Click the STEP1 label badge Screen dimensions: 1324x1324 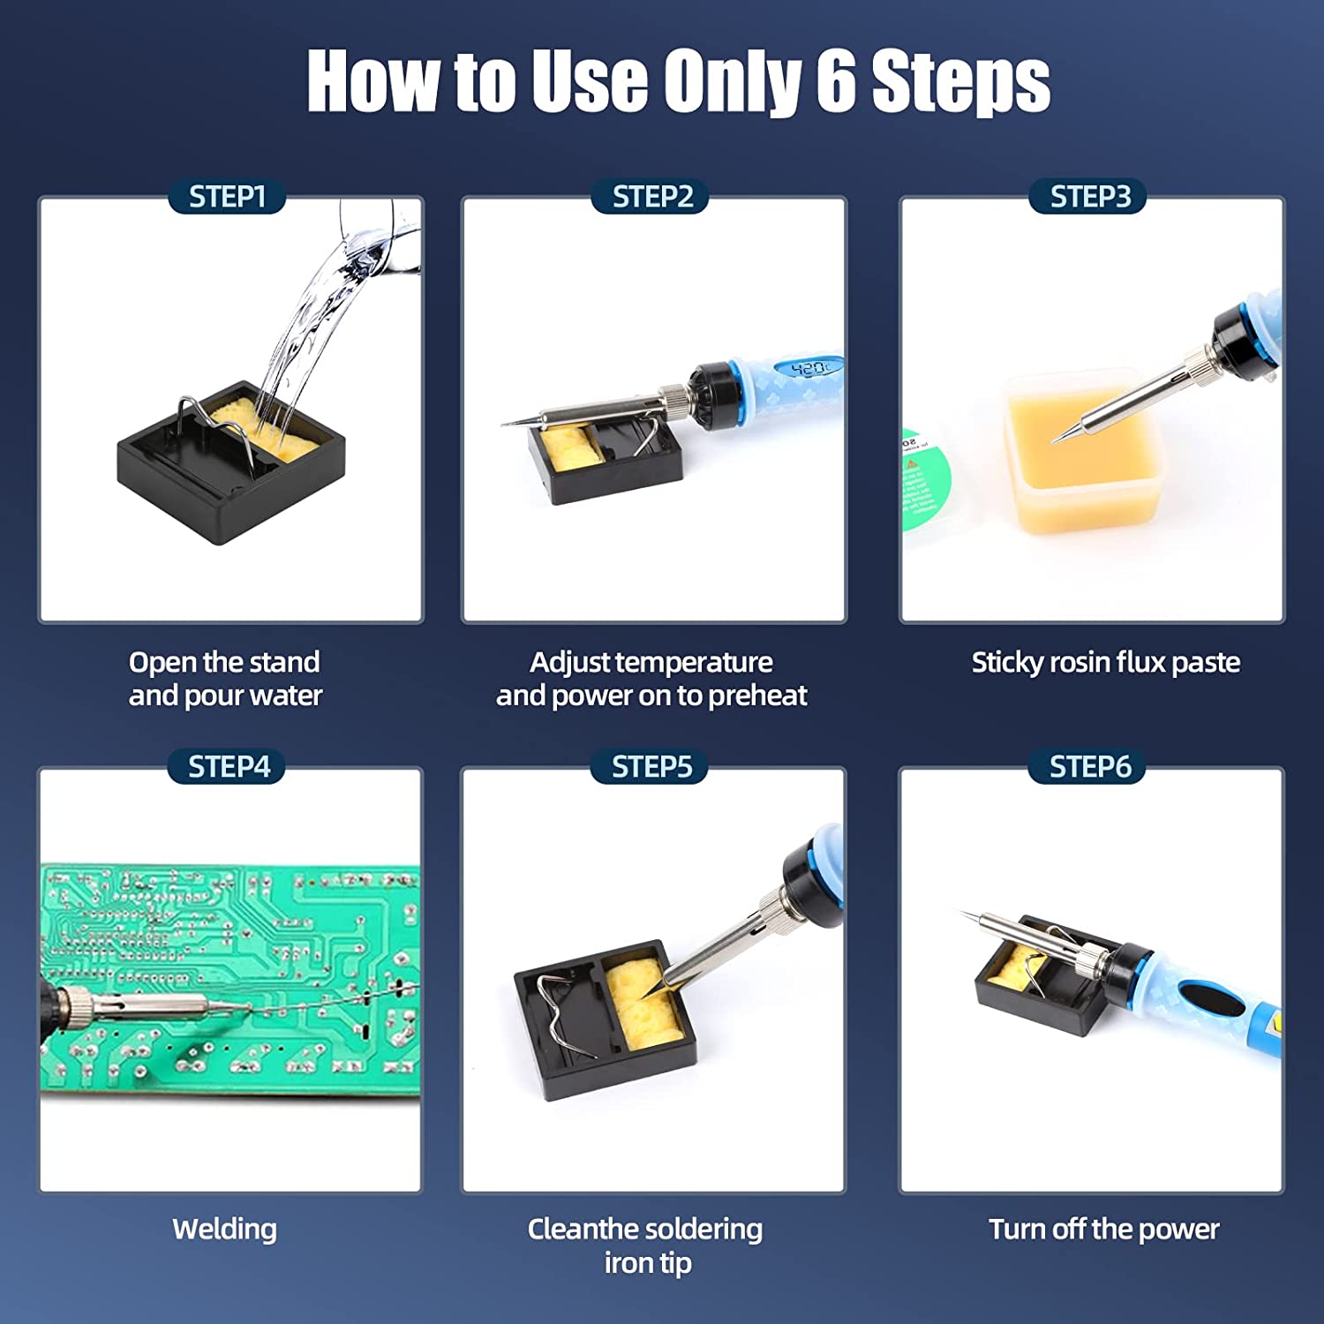click(x=227, y=196)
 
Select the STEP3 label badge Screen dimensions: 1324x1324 click(x=1089, y=196)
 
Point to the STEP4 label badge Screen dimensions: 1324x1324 click(x=228, y=766)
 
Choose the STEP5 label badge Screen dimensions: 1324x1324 click(x=651, y=766)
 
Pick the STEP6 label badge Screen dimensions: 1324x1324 click(x=1089, y=766)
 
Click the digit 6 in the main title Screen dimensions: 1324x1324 click(x=835, y=81)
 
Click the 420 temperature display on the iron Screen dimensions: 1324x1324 click(x=808, y=368)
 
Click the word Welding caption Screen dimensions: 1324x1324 click(x=224, y=1229)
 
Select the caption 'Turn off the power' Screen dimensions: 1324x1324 click(x=1103, y=1229)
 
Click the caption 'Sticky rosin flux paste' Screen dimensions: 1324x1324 click(x=1105, y=662)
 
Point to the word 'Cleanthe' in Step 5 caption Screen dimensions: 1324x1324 click(x=583, y=1229)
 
